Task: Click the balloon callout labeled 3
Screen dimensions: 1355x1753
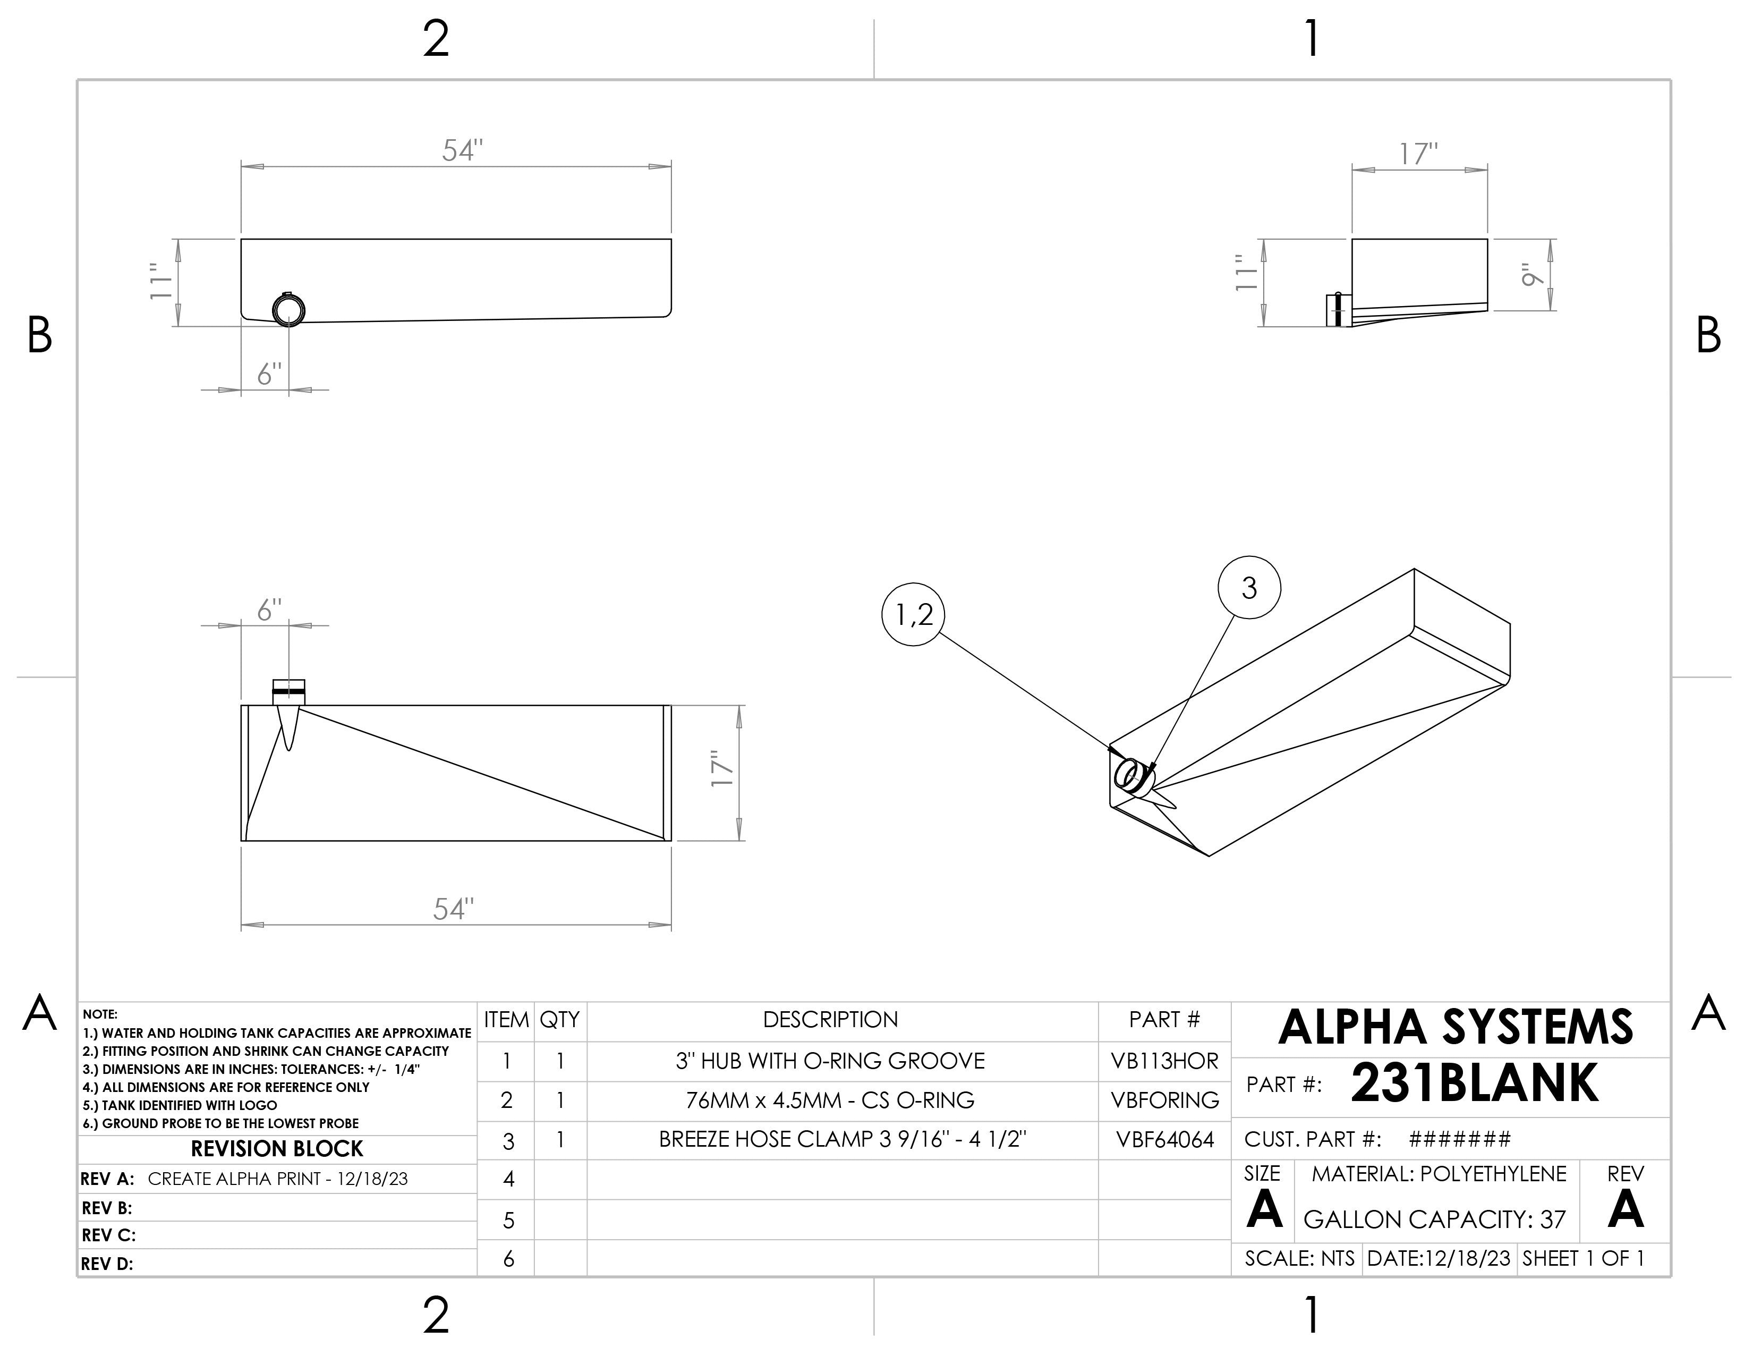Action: tap(1249, 588)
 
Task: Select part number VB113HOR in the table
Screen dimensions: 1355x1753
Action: tap(1164, 1061)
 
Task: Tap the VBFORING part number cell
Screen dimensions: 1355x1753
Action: tap(1164, 1100)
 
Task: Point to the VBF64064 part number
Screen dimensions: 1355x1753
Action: tap(1164, 1140)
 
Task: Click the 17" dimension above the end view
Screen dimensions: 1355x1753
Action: tap(1418, 154)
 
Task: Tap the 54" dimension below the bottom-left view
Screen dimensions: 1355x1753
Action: tap(454, 910)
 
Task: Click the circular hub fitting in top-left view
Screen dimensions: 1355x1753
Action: tap(288, 309)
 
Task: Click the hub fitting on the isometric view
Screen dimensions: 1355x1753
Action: tap(1133, 776)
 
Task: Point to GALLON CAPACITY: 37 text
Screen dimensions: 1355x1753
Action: tap(1434, 1220)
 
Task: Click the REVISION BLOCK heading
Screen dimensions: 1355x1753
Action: tap(277, 1149)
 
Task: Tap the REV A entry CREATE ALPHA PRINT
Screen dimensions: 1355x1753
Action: tap(278, 1179)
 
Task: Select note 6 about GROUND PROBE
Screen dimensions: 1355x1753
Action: tap(221, 1124)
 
